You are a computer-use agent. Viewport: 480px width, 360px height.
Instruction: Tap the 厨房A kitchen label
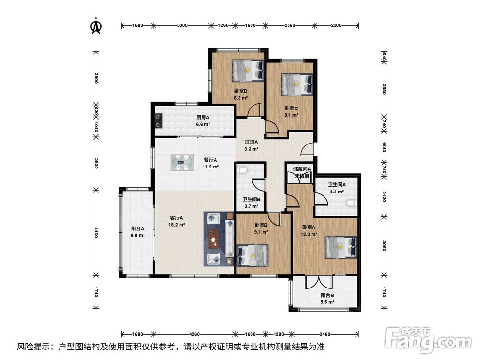pos(203,117)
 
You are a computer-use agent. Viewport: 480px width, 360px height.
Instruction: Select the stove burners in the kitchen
pos(158,120)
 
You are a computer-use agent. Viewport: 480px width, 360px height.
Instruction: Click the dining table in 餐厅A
pos(182,162)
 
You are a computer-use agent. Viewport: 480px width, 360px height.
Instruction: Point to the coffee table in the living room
pos(214,239)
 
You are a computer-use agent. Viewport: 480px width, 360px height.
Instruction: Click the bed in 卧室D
pos(248,71)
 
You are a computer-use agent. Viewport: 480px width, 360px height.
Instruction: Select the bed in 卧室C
pos(297,84)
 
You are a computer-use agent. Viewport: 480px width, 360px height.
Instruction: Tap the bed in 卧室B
pos(252,255)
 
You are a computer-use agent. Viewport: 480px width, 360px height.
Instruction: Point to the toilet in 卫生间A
pos(353,203)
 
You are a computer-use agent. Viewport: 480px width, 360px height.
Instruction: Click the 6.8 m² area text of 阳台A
pos(138,235)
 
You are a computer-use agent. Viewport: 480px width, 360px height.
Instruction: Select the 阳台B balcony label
pos(327,295)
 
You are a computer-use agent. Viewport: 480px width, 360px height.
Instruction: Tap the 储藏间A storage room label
pos(302,168)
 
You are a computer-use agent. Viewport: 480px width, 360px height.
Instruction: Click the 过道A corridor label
pos(252,142)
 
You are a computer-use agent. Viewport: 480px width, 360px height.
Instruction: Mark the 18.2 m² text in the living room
pos(177,225)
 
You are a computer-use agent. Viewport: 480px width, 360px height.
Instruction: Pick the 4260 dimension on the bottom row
pos(194,334)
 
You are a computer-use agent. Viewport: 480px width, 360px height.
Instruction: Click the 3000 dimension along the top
pos(182,25)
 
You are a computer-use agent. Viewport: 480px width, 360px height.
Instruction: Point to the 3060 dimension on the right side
pos(384,245)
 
